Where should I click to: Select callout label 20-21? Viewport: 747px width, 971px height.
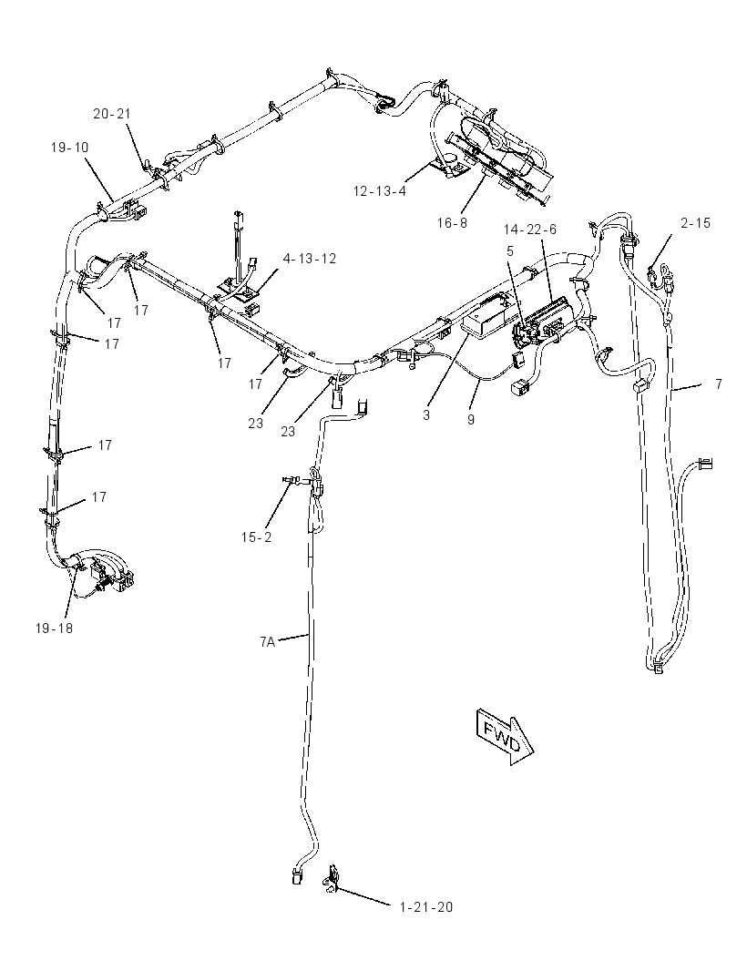tap(112, 113)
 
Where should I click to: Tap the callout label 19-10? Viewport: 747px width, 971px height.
tap(69, 148)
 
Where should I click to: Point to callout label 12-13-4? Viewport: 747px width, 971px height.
tap(380, 190)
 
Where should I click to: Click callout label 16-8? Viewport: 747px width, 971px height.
tap(452, 223)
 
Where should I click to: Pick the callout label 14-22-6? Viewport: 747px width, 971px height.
tap(529, 230)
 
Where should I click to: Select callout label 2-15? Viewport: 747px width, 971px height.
tap(696, 223)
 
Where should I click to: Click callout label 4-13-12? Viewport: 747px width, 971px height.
tap(310, 258)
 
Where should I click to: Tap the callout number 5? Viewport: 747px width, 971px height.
tap(510, 250)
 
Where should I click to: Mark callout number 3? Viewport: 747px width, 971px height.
tap(426, 414)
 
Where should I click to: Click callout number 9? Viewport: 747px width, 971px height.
tap(471, 419)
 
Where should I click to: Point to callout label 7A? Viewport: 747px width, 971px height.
tap(267, 641)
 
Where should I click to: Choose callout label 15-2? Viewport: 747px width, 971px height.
tap(256, 537)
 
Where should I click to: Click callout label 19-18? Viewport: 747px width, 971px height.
tap(54, 628)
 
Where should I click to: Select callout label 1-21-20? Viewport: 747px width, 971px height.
tap(426, 907)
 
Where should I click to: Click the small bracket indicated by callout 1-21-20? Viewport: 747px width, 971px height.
tap(333, 878)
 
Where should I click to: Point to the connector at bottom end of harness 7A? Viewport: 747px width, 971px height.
tap(297, 875)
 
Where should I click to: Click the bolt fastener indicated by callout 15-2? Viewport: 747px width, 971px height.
tap(290, 479)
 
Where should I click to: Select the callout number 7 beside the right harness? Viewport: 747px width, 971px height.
tap(719, 384)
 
